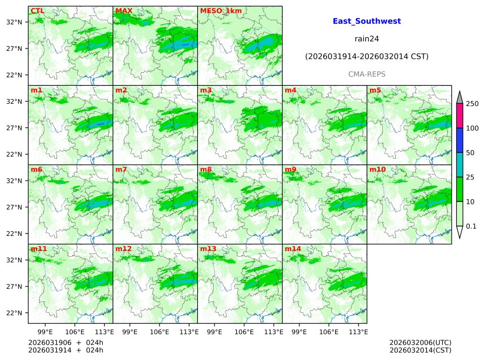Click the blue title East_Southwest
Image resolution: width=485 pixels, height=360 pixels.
point(367,21)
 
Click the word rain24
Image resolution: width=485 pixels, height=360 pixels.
point(367,38)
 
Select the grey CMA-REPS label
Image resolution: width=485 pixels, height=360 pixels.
point(367,74)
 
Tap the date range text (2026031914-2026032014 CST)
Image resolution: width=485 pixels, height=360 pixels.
point(367,56)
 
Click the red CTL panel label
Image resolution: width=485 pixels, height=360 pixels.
point(37,10)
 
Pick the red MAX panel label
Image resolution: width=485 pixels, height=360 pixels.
point(124,10)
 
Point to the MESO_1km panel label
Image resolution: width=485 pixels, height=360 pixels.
point(218,10)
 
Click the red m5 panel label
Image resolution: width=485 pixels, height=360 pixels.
point(375,90)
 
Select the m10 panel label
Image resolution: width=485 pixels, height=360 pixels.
point(377,169)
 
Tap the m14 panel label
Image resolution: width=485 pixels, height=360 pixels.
point(292,248)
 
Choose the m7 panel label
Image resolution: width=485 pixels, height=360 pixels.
point(121,169)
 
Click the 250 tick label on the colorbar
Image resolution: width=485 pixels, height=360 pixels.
point(472,104)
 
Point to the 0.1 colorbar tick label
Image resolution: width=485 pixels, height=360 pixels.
point(471,226)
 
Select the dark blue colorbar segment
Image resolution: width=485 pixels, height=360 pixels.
point(459,140)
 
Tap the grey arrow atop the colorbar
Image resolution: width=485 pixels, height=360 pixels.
point(459,97)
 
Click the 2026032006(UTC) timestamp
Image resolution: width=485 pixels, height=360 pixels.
point(420,343)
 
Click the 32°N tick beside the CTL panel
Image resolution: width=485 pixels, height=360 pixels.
point(14,22)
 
